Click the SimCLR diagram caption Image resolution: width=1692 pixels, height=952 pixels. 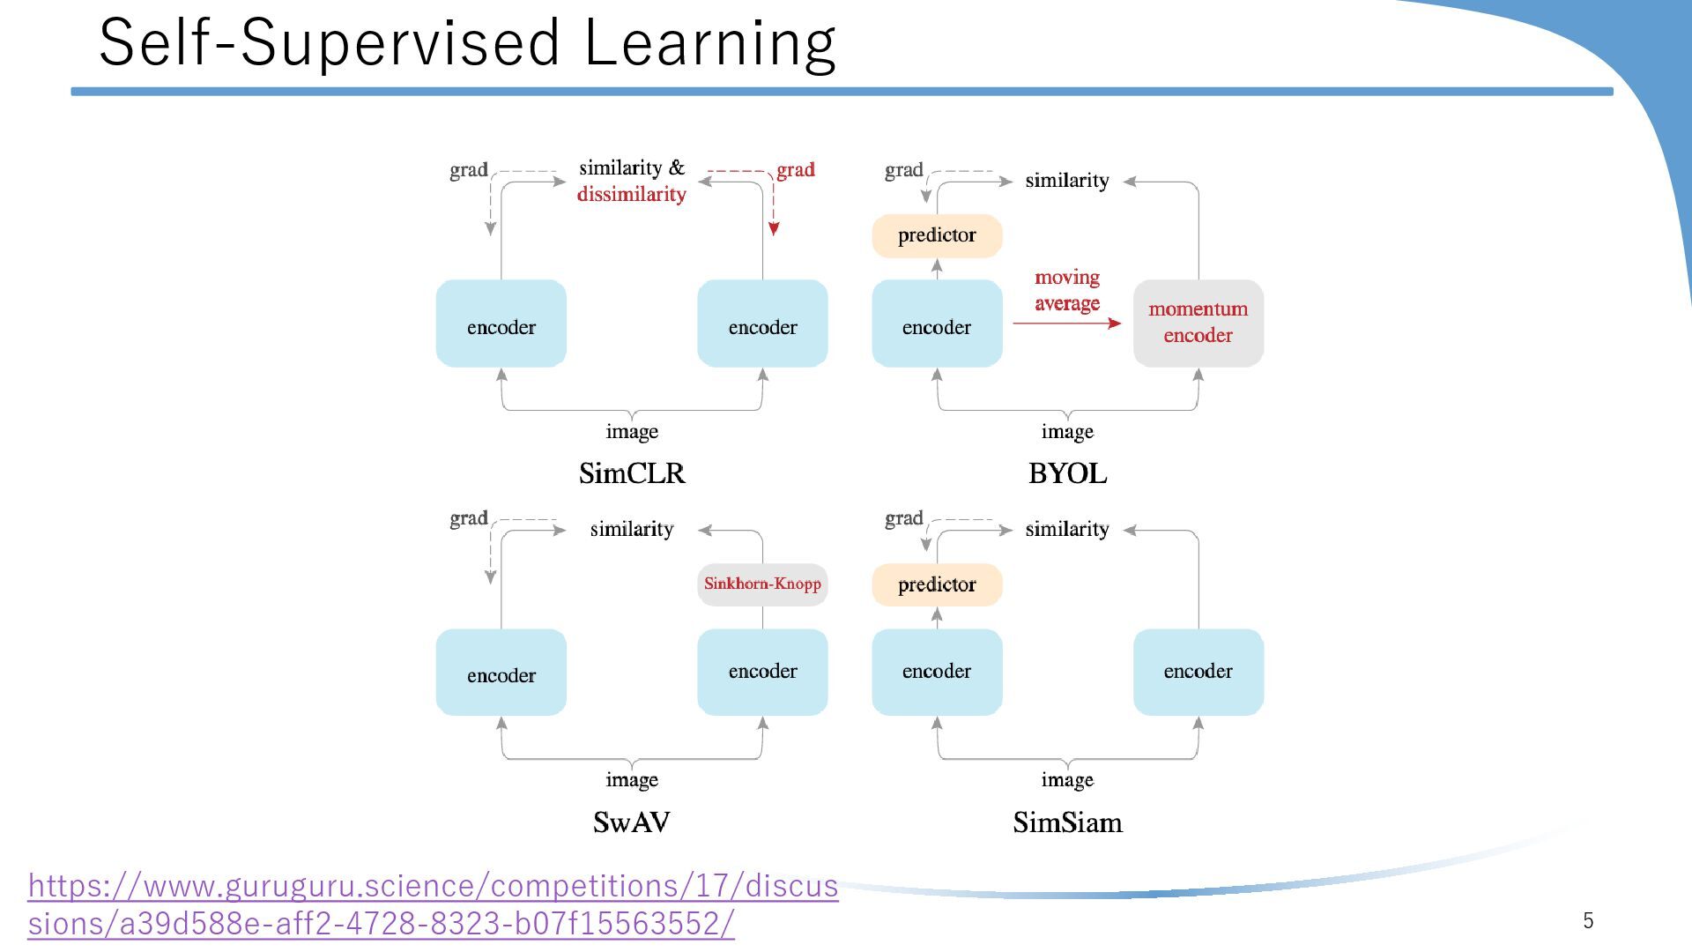[632, 473]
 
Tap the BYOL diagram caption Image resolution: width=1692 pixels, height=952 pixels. [1067, 473]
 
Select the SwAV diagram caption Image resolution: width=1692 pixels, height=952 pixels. [631, 822]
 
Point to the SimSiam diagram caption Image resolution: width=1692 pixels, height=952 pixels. [1067, 822]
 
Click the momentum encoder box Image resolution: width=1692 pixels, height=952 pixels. [1198, 323]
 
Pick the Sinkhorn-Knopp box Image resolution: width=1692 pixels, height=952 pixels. [762, 584]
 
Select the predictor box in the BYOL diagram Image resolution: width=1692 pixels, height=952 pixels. [937, 235]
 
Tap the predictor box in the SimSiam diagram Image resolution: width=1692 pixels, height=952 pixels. [937, 584]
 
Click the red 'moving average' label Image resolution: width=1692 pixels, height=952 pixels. [1066, 290]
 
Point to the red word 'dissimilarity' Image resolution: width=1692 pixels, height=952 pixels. [631, 194]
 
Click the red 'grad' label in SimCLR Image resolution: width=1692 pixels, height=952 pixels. [795, 169]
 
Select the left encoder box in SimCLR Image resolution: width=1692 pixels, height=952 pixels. [501, 324]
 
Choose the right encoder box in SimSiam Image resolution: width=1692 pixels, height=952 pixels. [1198, 672]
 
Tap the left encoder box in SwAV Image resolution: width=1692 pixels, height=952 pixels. [501, 673]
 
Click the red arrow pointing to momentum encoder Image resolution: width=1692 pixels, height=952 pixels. [1066, 324]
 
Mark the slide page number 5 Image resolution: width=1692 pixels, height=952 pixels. [1588, 920]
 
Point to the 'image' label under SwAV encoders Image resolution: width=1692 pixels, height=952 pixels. [632, 780]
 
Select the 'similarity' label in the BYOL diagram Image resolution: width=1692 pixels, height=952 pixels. [1066, 181]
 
